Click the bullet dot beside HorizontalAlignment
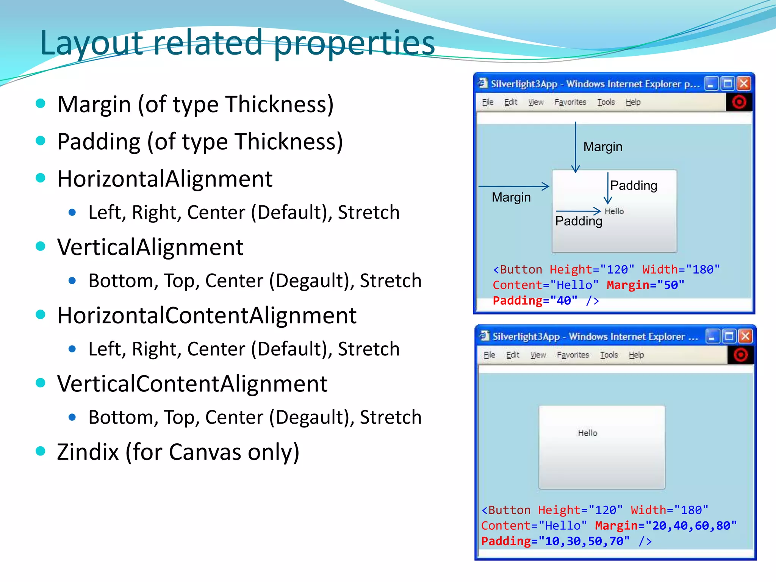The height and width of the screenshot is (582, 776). tap(41, 178)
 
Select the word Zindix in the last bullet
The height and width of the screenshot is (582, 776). tap(88, 452)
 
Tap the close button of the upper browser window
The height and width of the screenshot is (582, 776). tap(744, 83)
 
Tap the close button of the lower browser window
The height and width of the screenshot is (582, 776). tap(745, 336)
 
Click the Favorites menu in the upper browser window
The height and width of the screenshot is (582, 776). tap(570, 102)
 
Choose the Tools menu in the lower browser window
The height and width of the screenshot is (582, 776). tap(609, 355)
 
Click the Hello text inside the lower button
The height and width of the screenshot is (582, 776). tap(587, 433)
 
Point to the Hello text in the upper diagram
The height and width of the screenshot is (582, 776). tap(614, 211)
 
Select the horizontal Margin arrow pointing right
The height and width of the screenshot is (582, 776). tap(513, 186)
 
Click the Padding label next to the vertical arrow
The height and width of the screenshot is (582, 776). tap(634, 186)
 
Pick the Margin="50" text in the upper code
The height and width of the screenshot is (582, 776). tap(645, 285)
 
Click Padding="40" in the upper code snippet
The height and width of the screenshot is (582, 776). tap(535, 301)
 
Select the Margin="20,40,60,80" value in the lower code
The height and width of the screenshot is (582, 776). tap(666, 526)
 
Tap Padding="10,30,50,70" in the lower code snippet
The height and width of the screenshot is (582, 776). tap(555, 541)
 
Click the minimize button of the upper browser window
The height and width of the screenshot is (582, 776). tap(711, 83)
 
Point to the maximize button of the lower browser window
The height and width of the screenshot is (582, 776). tap(729, 336)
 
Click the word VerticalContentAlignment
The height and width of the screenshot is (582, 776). tap(192, 384)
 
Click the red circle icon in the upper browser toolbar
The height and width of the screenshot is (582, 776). tap(738, 102)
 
